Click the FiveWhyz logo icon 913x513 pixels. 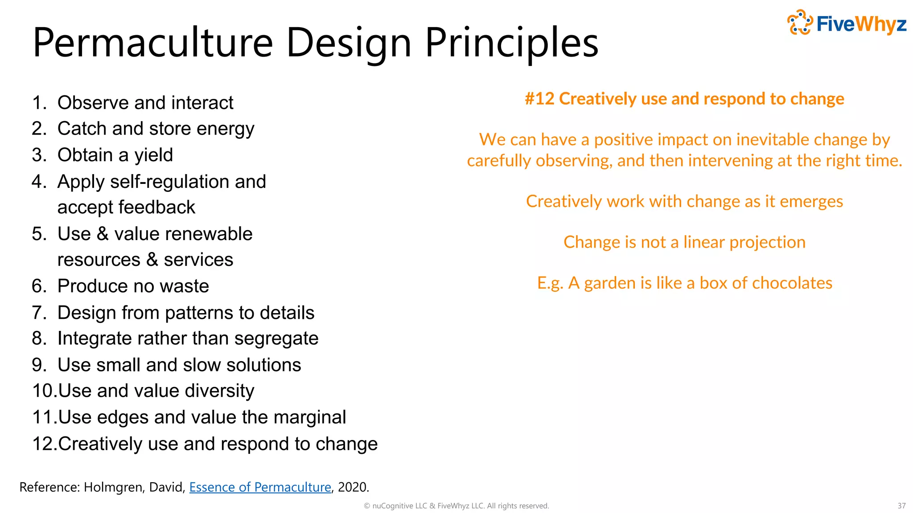[800, 23]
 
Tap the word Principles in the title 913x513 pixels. [511, 43]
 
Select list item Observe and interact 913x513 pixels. [145, 103]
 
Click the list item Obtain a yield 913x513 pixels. [115, 155]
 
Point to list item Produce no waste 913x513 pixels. [133, 286]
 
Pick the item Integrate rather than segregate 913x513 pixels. [188, 338]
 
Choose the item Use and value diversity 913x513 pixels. [156, 391]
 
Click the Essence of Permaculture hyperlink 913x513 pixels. [260, 487]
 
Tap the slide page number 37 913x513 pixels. [901, 506]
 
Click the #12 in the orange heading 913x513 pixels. [539, 99]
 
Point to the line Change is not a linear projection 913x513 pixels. [684, 242]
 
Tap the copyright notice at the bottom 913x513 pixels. [456, 506]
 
